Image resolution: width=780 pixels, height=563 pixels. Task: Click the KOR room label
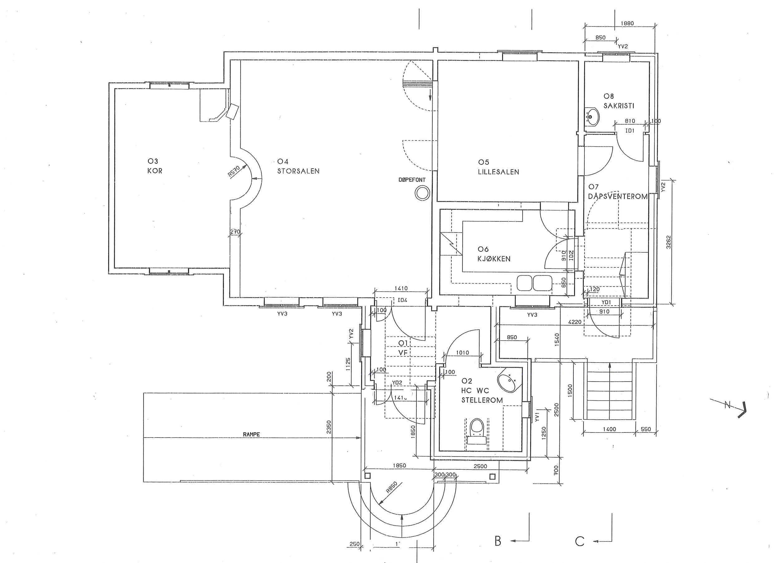tap(155, 171)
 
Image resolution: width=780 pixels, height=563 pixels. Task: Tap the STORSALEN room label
tap(298, 171)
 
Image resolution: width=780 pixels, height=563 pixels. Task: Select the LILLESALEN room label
tap(498, 172)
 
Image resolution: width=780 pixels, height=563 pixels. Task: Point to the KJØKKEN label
tap(494, 259)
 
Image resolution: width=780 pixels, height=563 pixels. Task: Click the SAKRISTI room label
tap(619, 106)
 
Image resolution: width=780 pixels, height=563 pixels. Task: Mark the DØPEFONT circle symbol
tap(422, 193)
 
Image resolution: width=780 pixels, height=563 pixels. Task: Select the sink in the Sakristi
tap(591, 117)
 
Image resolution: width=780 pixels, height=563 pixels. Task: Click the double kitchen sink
tap(534, 283)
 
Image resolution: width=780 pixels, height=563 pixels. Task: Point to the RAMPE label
tap(251, 434)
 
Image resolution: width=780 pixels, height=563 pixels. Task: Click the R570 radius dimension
tap(234, 171)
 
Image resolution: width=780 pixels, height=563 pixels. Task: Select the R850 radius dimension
tap(391, 487)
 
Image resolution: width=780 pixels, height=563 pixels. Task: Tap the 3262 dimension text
tap(668, 242)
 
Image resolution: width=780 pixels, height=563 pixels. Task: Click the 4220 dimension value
tap(575, 322)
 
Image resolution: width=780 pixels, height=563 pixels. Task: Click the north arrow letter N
tap(727, 405)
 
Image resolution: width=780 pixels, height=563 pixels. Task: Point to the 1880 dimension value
tap(627, 23)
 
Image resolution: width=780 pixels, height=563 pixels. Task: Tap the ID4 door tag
tap(402, 300)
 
